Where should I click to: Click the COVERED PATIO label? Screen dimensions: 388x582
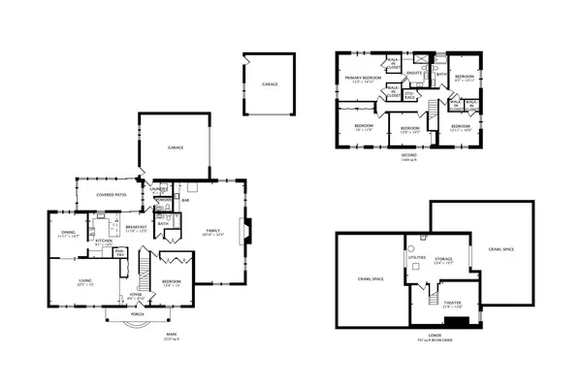(x=111, y=195)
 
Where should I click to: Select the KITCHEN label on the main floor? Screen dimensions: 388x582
(x=102, y=242)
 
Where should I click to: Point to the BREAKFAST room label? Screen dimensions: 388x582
(x=136, y=227)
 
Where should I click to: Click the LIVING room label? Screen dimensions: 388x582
(x=85, y=280)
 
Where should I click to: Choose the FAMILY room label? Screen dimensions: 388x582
(x=212, y=231)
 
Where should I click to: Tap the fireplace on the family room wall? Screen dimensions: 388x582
(x=247, y=232)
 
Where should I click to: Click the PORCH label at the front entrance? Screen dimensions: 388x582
(x=137, y=315)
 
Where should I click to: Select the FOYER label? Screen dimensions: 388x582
(x=136, y=296)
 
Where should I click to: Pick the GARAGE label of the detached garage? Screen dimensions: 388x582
(x=269, y=84)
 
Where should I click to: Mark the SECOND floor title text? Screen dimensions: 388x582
(x=409, y=154)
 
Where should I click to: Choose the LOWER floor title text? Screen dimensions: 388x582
(x=433, y=337)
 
